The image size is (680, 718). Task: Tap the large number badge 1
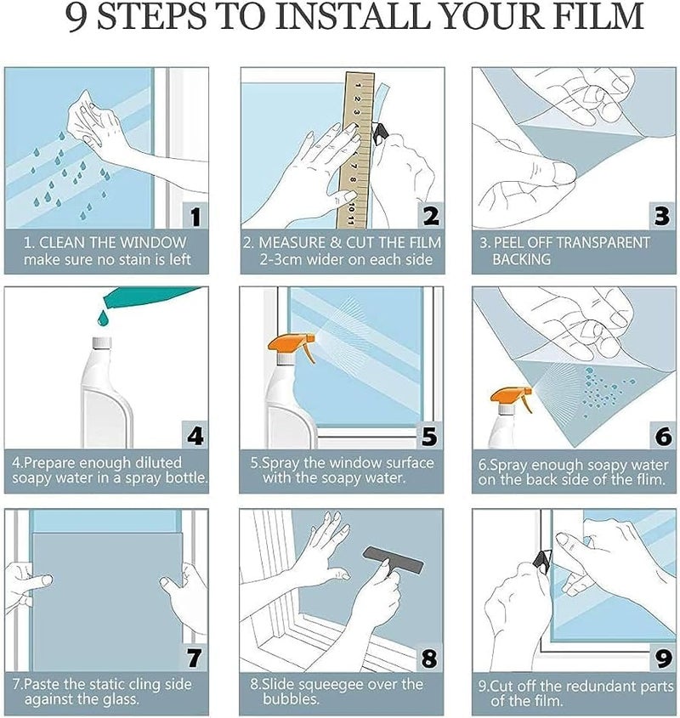(x=195, y=216)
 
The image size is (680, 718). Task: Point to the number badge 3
(x=661, y=216)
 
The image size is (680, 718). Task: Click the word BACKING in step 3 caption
(x=521, y=259)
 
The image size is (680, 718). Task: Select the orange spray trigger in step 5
(x=294, y=347)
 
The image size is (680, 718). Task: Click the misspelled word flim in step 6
(x=649, y=479)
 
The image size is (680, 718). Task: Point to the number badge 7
(x=194, y=658)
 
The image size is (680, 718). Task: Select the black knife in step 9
(x=542, y=561)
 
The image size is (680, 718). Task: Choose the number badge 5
(x=429, y=435)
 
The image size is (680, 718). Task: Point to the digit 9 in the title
(x=76, y=17)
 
